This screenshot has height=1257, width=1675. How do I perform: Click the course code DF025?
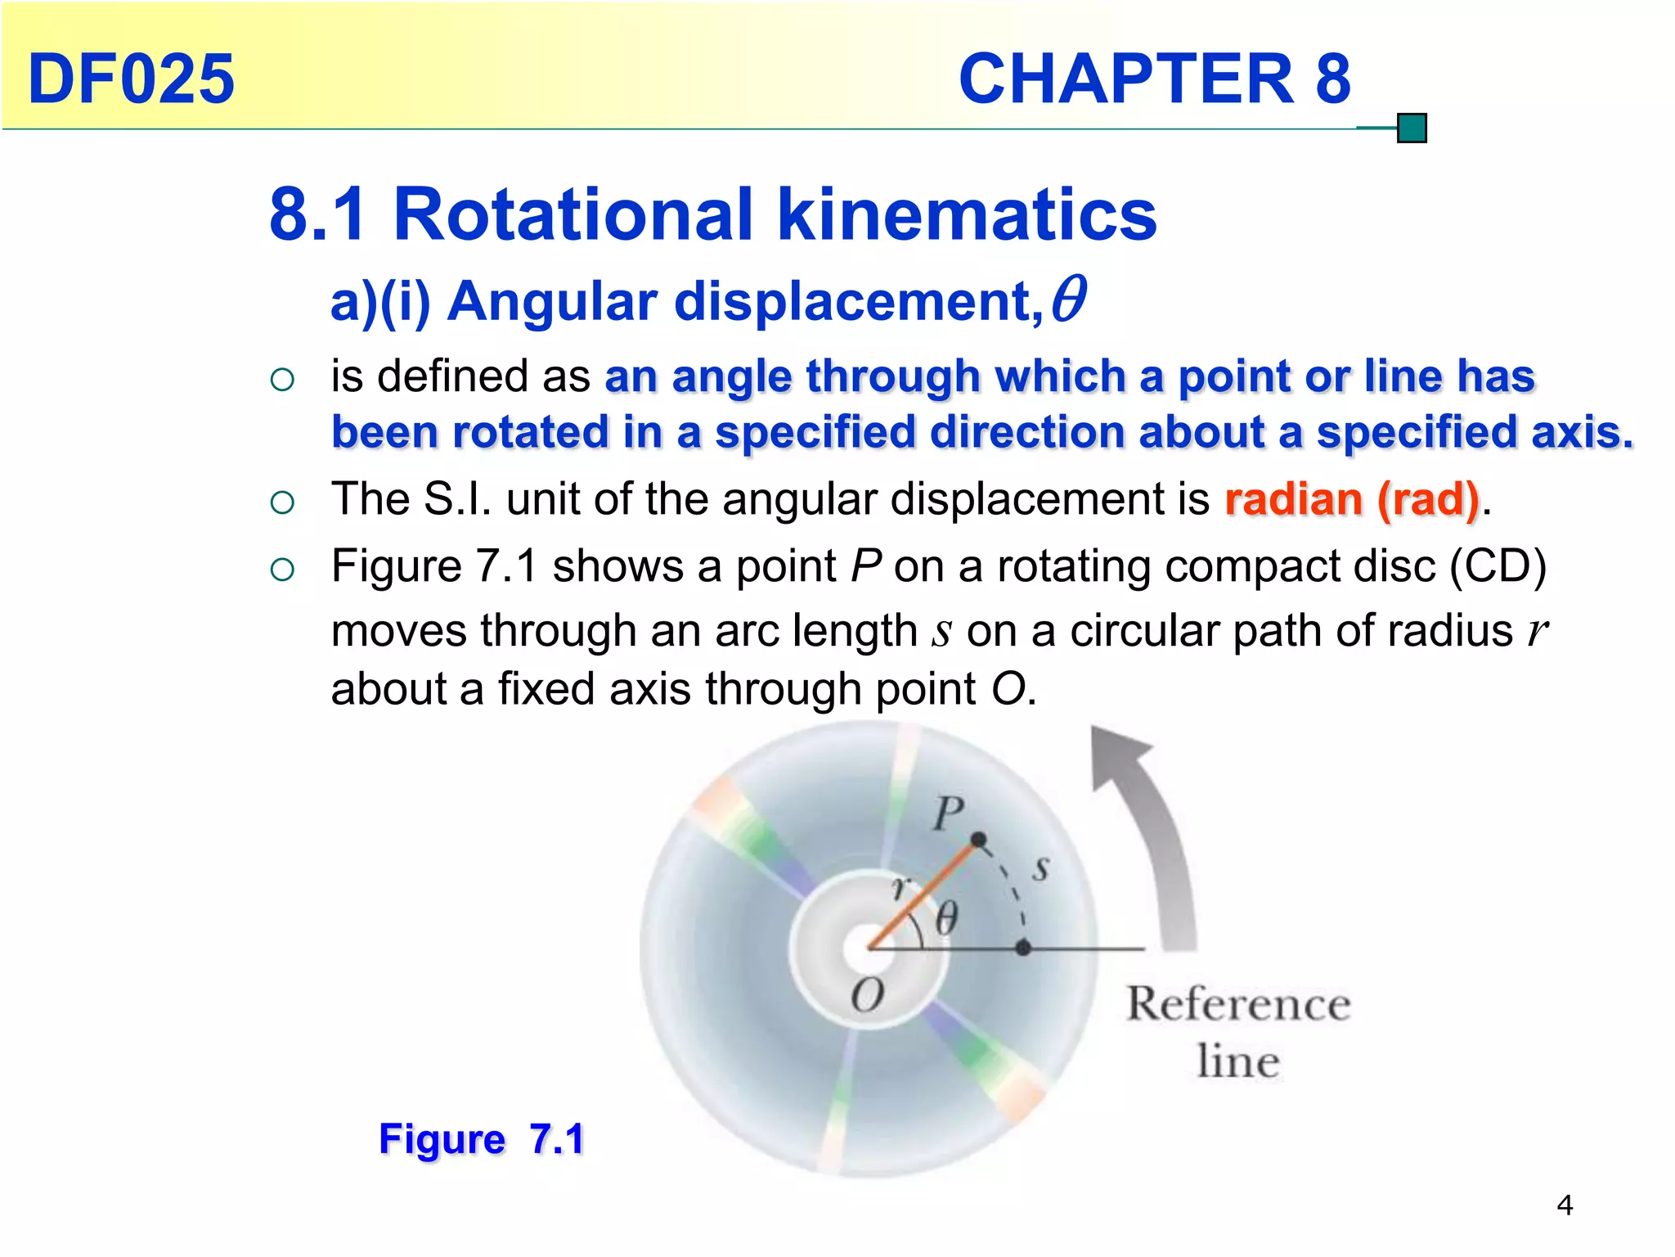pos(131,79)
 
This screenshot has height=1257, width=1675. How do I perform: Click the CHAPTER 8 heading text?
pos(1154,79)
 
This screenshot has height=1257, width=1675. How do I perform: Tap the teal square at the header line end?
pos(1412,128)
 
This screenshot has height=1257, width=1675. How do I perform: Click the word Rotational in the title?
pos(572,214)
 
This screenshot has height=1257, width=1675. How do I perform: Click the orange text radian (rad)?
pos(1352,499)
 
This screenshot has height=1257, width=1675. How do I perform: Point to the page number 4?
pos(1565,1205)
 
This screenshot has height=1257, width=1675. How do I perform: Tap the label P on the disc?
pos(948,813)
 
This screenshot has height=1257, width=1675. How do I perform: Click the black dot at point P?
pos(978,840)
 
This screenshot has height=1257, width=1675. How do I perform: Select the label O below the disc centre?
pos(867,996)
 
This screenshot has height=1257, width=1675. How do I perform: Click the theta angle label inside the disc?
pos(946,918)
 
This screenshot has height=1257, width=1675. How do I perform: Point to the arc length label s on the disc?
pos(1040,867)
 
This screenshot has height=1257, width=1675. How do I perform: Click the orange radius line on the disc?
pos(920,896)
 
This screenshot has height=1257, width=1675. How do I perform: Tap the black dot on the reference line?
pos(1023,948)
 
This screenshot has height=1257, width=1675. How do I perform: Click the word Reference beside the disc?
pos(1238,1004)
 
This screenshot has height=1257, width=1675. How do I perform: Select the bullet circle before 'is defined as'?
pos(282,379)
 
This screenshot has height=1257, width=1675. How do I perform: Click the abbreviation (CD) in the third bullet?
pos(1498,565)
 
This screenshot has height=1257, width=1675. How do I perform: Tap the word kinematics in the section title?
pos(967,214)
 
